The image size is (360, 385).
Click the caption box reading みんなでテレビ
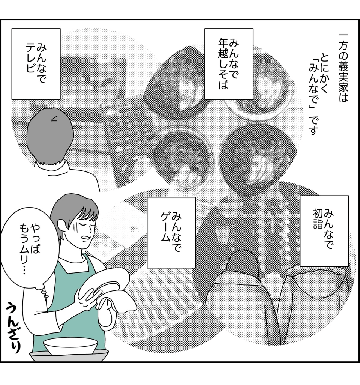tap(36, 64)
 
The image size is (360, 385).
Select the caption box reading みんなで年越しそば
tap(228, 64)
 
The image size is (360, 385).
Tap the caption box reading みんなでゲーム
tap(171, 232)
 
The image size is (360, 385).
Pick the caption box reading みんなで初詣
tap(324, 231)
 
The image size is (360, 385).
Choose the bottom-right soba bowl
tap(255, 154)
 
